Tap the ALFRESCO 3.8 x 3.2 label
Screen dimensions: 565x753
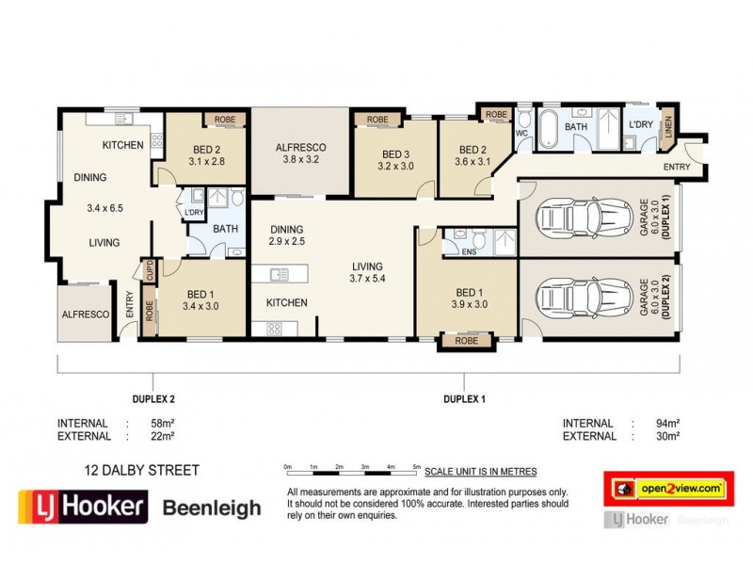[x=300, y=153]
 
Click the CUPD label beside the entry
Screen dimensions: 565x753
[x=149, y=271]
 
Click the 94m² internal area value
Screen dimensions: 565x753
[x=667, y=423]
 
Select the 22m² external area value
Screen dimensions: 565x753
[x=162, y=436]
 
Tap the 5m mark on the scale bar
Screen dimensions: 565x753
[x=415, y=465]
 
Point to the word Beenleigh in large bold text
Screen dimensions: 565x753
[x=212, y=508]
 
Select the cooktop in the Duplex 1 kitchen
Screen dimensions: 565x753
[x=276, y=329]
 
